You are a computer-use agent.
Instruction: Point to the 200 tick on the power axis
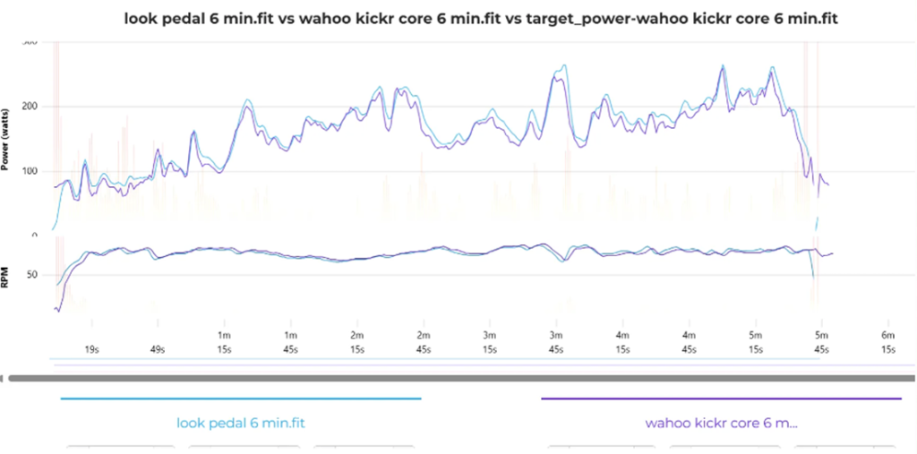pyautogui.click(x=32, y=107)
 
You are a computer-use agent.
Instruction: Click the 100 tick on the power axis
pyautogui.click(x=32, y=171)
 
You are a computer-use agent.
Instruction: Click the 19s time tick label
pyautogui.click(x=91, y=349)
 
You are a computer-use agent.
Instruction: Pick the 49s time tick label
pyautogui.click(x=158, y=349)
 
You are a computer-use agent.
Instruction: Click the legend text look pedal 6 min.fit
pyautogui.click(x=241, y=423)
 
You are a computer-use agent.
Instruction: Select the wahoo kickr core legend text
pyautogui.click(x=721, y=423)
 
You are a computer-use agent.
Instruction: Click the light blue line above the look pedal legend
pyautogui.click(x=241, y=398)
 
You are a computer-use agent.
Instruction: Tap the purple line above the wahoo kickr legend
pyautogui.click(x=721, y=398)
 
